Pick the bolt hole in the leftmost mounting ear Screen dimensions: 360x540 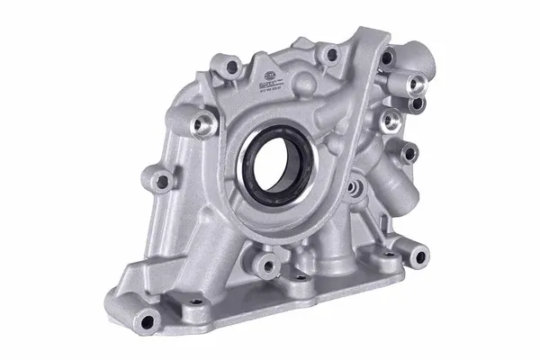click(x=162, y=182)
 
